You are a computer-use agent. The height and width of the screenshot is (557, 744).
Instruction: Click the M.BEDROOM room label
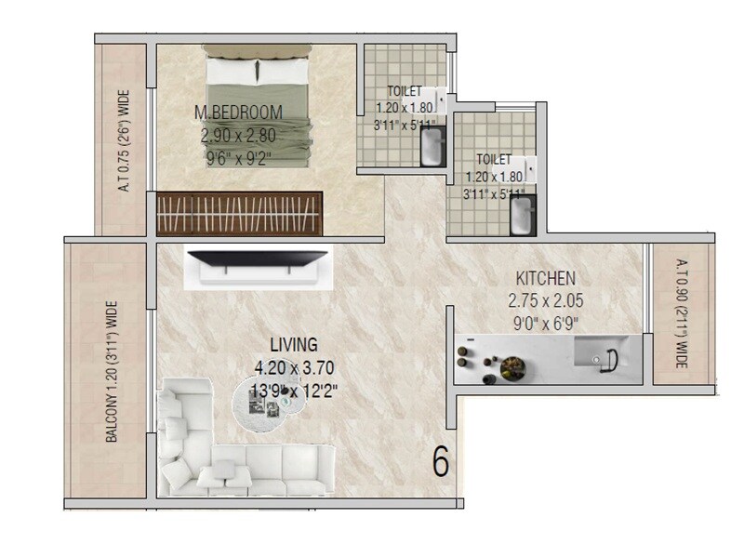coord(238,113)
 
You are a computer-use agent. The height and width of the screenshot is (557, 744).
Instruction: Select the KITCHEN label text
coord(547,277)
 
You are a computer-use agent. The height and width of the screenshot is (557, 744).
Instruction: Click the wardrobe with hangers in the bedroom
coord(239,213)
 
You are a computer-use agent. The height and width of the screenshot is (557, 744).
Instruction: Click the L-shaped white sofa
coord(232,446)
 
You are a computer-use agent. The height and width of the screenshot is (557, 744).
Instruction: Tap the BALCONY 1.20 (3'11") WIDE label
coord(111,370)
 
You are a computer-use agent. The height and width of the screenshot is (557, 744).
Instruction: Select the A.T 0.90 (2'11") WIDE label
coord(682,313)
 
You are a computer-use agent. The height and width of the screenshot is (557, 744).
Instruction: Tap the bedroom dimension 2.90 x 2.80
coord(238,135)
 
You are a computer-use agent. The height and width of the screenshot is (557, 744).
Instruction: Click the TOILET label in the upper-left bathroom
coord(405,91)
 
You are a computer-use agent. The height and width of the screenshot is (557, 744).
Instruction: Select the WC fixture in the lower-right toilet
coord(521,216)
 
